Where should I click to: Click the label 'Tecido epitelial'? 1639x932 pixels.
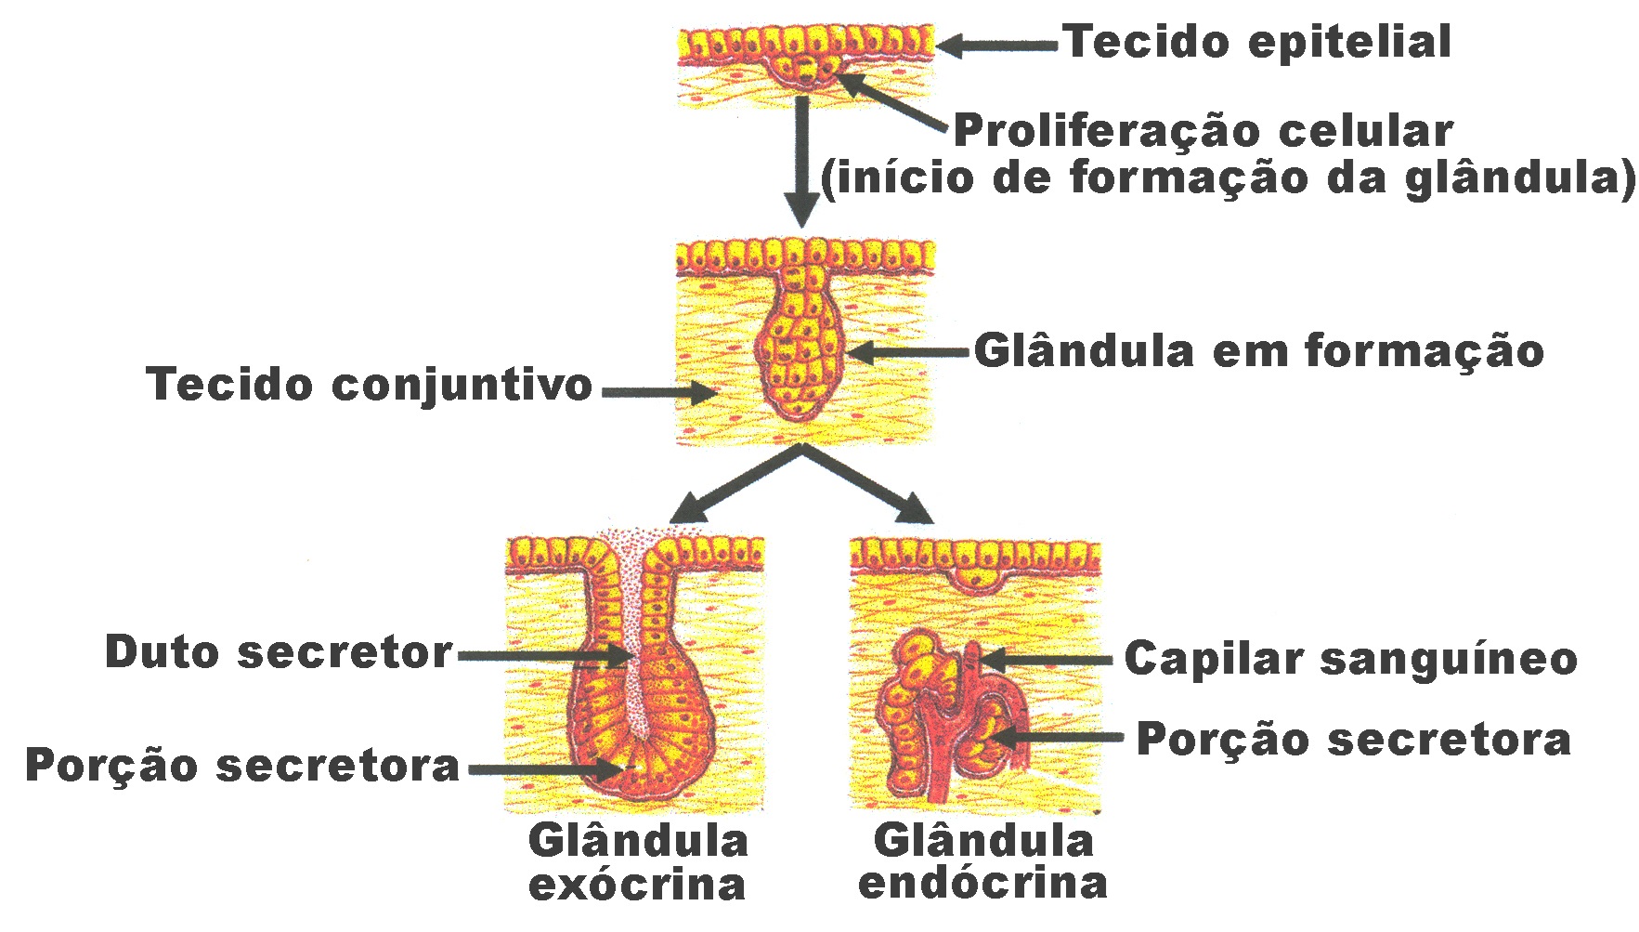coord(1256,43)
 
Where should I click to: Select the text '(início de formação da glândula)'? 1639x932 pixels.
coord(1228,177)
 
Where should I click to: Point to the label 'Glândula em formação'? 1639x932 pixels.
coord(1258,351)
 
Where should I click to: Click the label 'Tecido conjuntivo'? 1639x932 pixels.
coord(369,385)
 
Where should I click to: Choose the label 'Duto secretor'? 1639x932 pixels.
coord(279,652)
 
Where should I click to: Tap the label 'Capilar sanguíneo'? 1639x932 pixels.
coord(1350,659)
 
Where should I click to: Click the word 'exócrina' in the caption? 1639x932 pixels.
coord(637,884)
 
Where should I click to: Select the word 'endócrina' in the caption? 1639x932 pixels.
coord(982,882)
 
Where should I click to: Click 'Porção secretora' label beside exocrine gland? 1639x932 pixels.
coord(242,766)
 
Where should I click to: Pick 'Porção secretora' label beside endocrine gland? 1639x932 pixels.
coord(1353,740)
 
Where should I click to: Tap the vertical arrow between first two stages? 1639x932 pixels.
coord(801,158)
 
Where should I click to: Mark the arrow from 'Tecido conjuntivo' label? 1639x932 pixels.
coord(659,393)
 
